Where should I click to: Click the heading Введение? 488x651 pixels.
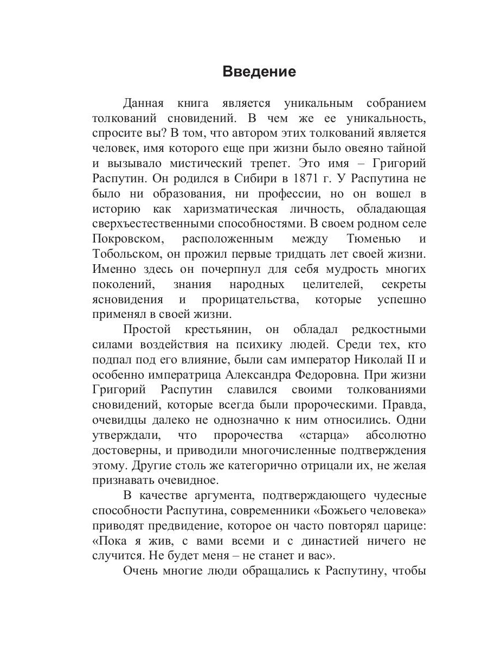pyautogui.click(x=259, y=72)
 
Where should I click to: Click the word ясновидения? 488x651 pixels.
pyautogui.click(x=127, y=299)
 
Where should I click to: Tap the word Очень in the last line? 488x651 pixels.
pyautogui.click(x=139, y=571)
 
